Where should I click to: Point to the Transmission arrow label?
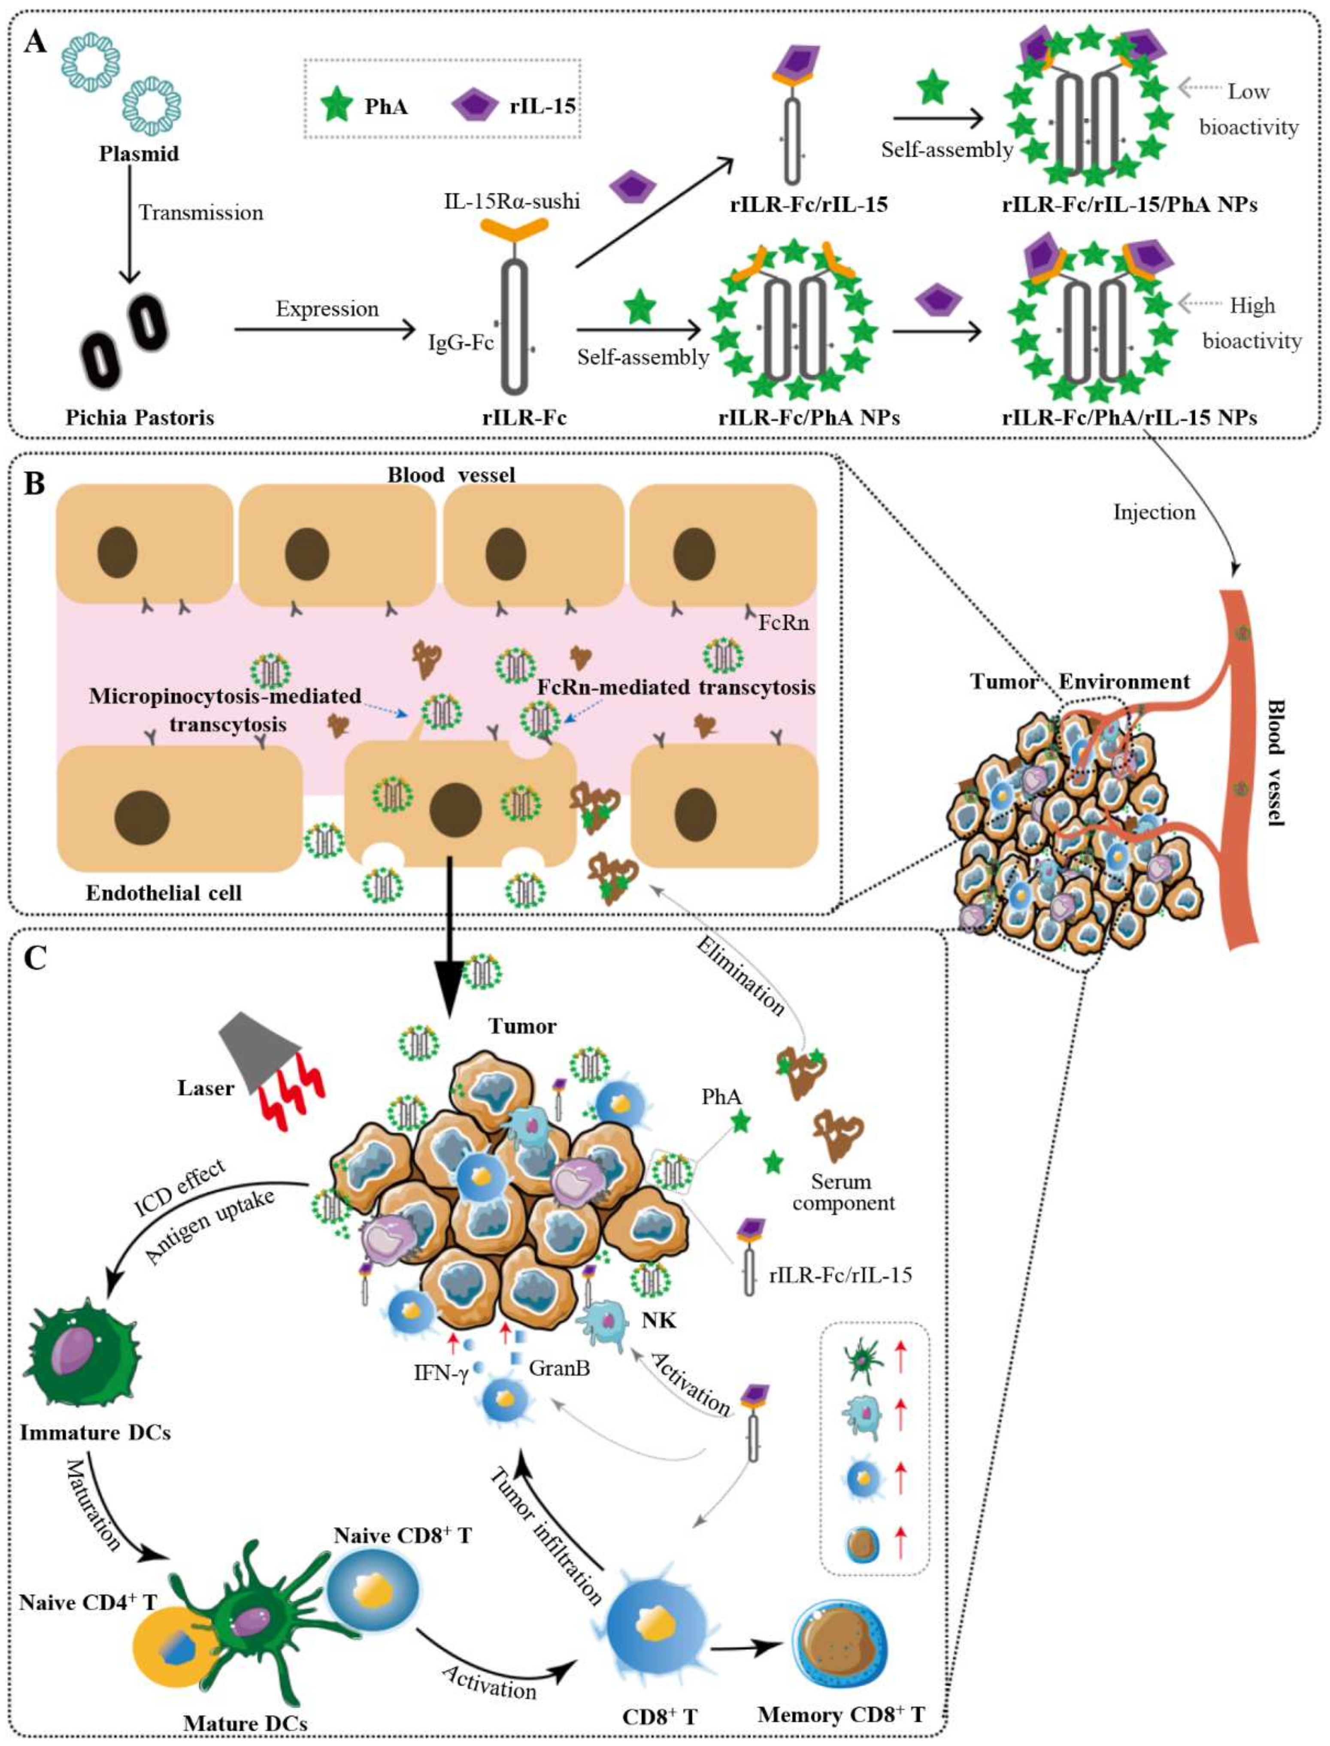pos(201,213)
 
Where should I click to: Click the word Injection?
pos(1154,512)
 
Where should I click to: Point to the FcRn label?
pos(784,622)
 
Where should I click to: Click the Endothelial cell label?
pos(164,893)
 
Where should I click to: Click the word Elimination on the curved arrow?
pos(740,976)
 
